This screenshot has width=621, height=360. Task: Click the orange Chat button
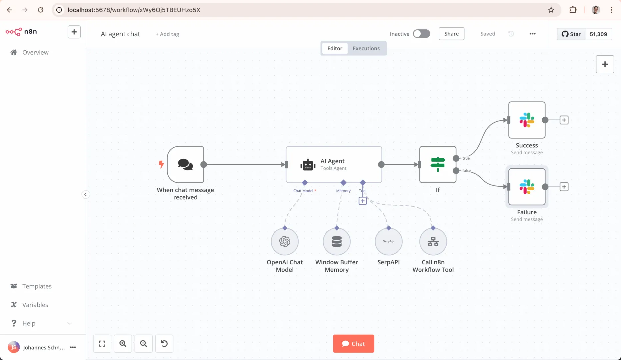[353, 344]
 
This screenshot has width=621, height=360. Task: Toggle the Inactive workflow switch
[421, 34]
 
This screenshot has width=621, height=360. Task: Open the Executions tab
[366, 48]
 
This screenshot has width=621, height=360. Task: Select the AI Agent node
[334, 164]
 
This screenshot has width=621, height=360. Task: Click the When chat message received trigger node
[185, 164]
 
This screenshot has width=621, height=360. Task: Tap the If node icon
[438, 164]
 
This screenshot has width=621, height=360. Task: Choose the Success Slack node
[527, 120]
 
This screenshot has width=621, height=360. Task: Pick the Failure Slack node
[527, 187]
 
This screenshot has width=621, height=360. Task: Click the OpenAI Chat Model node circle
[285, 241]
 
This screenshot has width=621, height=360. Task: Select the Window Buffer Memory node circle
[337, 241]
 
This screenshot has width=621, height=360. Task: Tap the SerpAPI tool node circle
[389, 241]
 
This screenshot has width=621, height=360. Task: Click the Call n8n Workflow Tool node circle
[433, 241]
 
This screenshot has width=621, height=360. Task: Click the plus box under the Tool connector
[363, 201]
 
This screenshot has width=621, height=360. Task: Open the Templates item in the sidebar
[37, 286]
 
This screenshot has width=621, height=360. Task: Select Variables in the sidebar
[35, 305]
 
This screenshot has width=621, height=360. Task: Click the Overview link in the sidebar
[35, 52]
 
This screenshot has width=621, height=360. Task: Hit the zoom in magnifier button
[123, 344]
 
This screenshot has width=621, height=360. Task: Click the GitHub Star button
[571, 34]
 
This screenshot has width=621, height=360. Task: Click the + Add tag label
[167, 34]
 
